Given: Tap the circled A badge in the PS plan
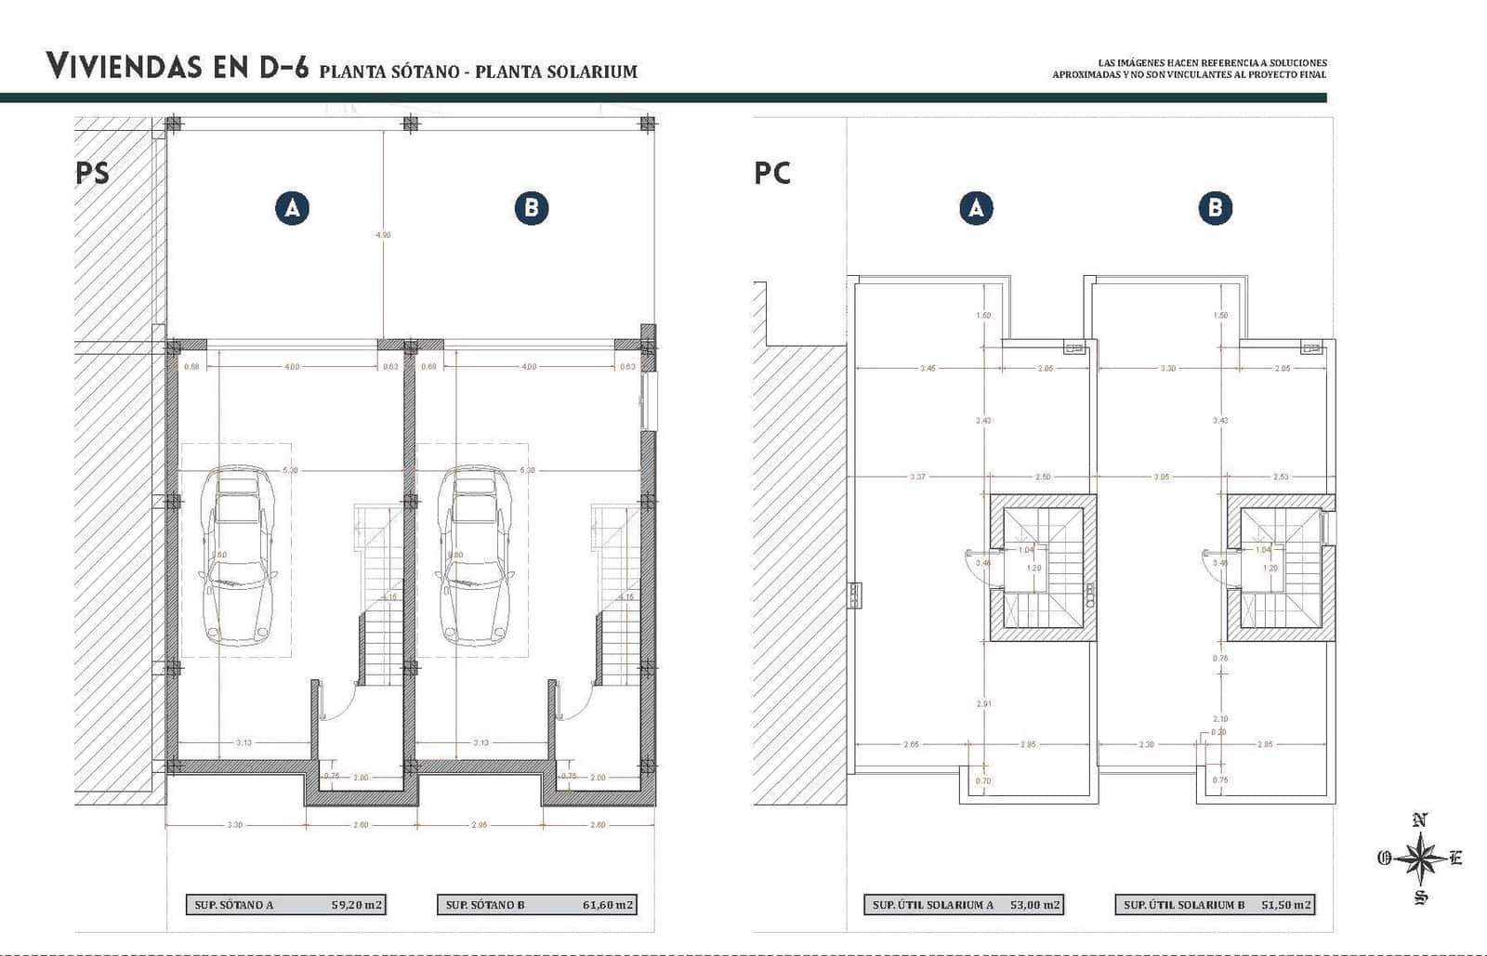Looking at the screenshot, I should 292,208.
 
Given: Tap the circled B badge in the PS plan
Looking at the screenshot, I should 532,208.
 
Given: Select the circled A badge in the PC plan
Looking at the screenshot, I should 976,208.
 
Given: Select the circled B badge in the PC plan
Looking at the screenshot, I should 1215,208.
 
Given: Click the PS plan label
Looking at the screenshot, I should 92,173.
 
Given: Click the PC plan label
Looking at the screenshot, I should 772,173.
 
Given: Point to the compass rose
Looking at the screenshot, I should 1420,858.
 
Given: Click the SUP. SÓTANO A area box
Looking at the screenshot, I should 286,904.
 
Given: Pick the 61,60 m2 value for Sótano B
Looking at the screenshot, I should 608,904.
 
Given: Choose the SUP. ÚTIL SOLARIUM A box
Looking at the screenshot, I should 964,904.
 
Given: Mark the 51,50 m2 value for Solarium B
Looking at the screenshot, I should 1286,904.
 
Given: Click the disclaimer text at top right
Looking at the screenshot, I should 1190,69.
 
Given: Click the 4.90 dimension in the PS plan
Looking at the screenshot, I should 383,235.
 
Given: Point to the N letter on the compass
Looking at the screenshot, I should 1419,820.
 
